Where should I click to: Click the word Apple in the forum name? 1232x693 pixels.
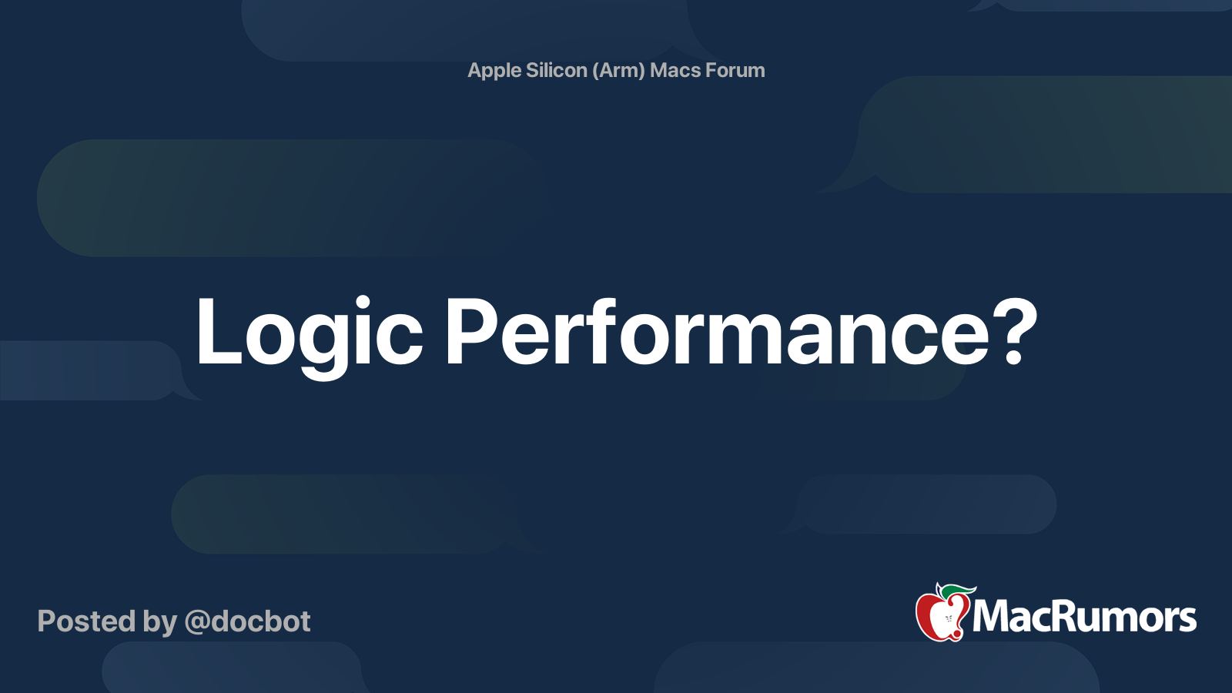coord(492,71)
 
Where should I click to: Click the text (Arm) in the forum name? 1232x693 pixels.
coord(618,71)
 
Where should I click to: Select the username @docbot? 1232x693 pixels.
coord(247,621)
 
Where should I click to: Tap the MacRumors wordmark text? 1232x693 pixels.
coord(1084,617)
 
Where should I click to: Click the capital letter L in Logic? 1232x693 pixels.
coord(219,332)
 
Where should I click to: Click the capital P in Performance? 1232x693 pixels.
coord(470,332)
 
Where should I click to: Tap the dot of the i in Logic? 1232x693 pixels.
coord(362,303)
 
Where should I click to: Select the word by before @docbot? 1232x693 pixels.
coord(160,623)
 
